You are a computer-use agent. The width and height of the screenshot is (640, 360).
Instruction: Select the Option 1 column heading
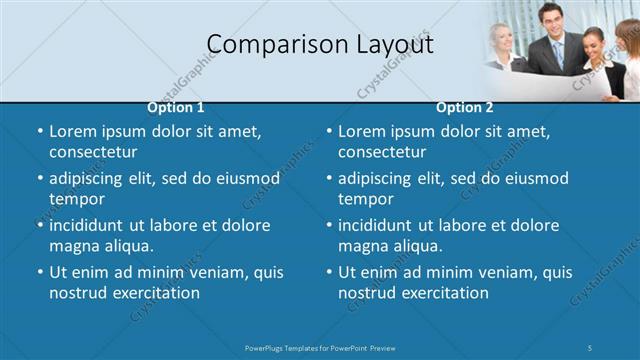(176, 107)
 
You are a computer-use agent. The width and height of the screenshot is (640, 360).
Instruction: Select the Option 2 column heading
(465, 107)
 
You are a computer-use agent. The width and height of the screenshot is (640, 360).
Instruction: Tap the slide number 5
(591, 346)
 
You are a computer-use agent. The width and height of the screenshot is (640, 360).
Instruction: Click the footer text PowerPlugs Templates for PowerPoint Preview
(320, 346)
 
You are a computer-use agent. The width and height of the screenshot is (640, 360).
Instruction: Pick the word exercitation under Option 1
(153, 293)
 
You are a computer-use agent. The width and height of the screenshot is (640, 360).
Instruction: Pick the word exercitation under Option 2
(442, 293)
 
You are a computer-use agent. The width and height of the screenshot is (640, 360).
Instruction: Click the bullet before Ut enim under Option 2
(329, 272)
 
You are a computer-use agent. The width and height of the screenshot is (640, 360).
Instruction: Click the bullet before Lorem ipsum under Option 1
(40, 131)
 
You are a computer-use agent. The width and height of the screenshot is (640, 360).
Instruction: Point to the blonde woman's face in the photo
(500, 36)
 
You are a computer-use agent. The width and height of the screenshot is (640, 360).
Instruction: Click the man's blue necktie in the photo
(558, 52)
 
